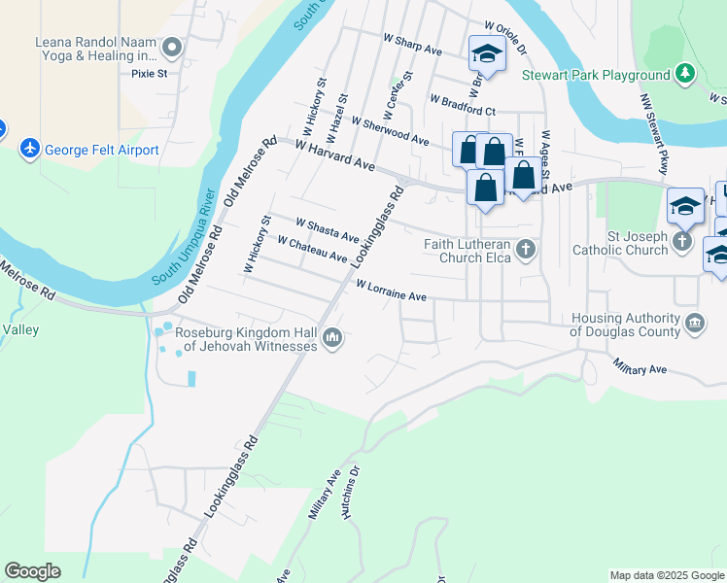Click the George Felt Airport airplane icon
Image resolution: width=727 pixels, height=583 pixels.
tap(31, 150)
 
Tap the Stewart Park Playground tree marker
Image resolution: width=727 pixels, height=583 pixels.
tap(686, 74)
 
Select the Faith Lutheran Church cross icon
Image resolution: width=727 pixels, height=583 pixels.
tap(526, 250)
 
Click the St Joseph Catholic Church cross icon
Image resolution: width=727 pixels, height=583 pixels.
tap(683, 242)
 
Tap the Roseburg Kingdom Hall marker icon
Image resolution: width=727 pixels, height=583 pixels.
tap(332, 338)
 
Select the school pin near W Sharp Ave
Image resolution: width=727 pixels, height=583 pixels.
tap(485, 54)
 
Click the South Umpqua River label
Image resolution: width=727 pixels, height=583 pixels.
tap(182, 252)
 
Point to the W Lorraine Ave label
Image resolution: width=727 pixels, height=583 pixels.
tap(392, 291)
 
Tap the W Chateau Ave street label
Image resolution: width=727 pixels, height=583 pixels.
tap(312, 249)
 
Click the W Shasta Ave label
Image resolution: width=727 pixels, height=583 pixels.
tap(328, 230)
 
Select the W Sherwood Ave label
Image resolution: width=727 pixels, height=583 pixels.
tap(390, 132)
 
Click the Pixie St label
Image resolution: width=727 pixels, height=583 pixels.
tap(150, 73)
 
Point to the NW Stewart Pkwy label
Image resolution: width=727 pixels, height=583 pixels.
tap(655, 134)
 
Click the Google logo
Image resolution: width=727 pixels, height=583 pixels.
tap(32, 571)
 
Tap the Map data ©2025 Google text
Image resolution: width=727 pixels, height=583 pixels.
tap(666, 575)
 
